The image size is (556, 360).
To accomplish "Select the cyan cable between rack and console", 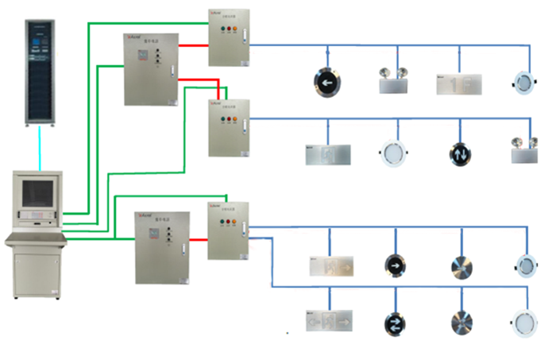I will (40, 147).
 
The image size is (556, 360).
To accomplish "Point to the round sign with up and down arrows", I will (461, 153).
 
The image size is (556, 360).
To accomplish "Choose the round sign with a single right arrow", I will (395, 264).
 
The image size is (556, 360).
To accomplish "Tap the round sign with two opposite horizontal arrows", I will (395, 322).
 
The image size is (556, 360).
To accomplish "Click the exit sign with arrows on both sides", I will (328, 321).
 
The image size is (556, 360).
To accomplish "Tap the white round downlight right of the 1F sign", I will (523, 82).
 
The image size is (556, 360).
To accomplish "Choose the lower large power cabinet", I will (162, 247).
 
